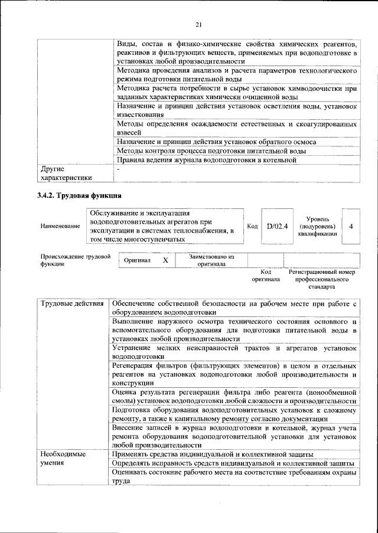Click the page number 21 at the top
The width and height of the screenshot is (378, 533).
(x=198, y=24)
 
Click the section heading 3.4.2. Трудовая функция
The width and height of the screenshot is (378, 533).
(x=79, y=195)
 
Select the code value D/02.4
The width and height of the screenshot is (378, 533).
(x=276, y=225)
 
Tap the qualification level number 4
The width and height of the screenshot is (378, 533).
(x=351, y=225)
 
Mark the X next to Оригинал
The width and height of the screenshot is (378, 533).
(x=165, y=260)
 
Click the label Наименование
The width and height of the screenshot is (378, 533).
(x=60, y=226)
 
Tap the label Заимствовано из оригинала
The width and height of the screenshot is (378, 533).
(x=212, y=260)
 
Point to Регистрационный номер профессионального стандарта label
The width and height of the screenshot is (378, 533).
(x=322, y=279)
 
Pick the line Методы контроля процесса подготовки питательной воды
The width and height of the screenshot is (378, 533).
(x=211, y=151)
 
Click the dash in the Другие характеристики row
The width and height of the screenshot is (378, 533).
(x=118, y=169)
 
